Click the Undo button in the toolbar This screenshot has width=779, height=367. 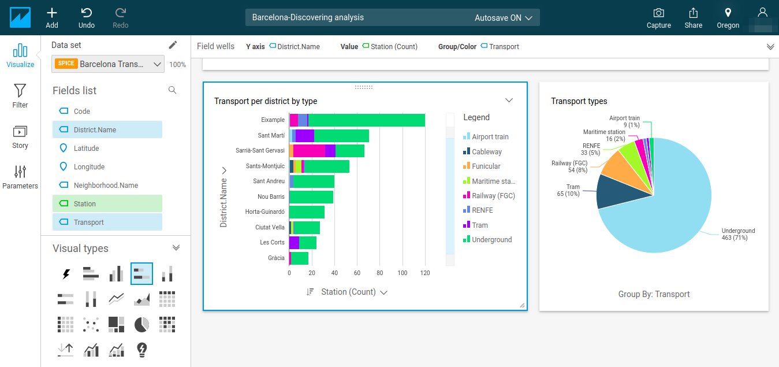coord(86,18)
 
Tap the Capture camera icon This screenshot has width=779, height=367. coord(658,13)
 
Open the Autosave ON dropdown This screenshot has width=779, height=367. coord(503,18)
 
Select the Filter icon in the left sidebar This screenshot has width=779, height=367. coord(20,91)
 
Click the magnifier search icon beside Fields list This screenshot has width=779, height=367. coord(172,90)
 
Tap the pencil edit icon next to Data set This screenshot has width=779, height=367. coord(173,45)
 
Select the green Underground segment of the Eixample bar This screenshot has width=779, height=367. coord(367,120)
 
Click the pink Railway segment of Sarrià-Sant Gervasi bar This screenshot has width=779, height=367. coord(309,151)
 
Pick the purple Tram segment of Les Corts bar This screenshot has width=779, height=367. coord(294,243)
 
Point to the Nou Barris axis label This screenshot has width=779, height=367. coord(271,197)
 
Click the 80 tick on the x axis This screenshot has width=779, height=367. coord(380,273)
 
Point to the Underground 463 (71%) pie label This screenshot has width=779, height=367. coord(738,234)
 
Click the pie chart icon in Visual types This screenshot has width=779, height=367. coord(141,324)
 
